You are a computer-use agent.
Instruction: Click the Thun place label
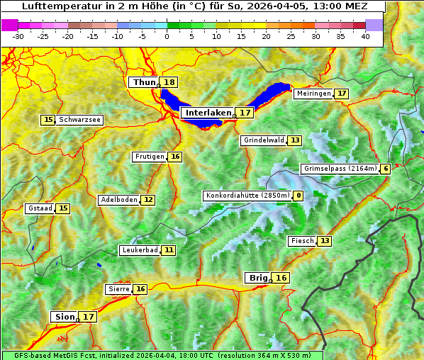(x=144, y=83)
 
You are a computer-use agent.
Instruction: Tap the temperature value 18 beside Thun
(x=169, y=83)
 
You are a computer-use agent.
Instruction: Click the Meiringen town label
(x=313, y=94)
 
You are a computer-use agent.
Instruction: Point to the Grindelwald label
(x=264, y=140)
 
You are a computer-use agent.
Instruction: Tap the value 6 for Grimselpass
(x=385, y=169)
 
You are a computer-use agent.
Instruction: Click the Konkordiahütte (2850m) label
(x=247, y=196)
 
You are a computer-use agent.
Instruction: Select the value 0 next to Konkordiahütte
(x=299, y=196)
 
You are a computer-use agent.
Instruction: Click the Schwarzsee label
(x=80, y=120)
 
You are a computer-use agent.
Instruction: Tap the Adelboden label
(x=118, y=200)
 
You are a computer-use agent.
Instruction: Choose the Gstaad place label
(x=40, y=208)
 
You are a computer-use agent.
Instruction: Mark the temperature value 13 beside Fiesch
(x=324, y=241)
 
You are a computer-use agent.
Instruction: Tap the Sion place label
(x=63, y=317)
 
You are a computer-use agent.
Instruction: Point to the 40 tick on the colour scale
(x=365, y=36)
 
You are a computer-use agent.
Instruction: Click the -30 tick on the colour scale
(x=18, y=36)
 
